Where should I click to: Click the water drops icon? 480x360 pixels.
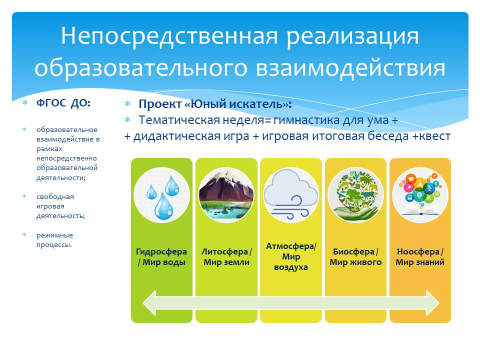(161, 194)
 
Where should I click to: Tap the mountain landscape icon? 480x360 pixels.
(226, 194)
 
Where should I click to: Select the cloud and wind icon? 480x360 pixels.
(291, 194)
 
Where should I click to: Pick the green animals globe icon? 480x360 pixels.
(355, 194)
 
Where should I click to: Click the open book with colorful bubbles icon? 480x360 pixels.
(420, 194)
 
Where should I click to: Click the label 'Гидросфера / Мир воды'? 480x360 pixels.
(161, 257)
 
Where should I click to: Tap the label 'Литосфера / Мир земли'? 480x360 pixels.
(226, 257)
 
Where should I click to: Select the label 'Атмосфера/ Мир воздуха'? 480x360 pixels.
(291, 256)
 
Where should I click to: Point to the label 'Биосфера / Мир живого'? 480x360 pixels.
(355, 257)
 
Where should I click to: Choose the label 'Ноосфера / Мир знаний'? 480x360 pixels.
(420, 257)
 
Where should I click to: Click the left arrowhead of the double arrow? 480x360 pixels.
(150, 303)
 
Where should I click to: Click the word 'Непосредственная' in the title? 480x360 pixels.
(170, 36)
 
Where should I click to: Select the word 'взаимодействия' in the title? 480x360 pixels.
(350, 68)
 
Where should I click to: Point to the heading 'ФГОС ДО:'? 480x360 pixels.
(63, 103)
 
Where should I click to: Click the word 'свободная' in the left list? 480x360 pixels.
(55, 197)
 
